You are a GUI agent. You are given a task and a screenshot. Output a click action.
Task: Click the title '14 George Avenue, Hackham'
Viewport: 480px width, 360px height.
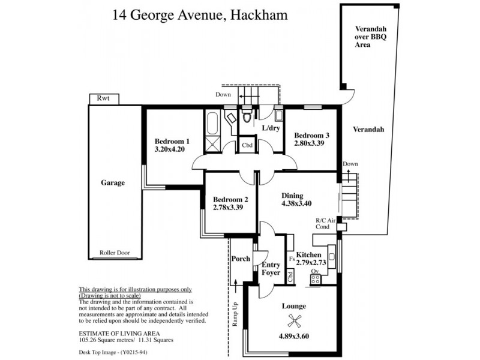200,14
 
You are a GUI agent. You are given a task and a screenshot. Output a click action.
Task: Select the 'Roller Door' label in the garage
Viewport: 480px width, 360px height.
115,253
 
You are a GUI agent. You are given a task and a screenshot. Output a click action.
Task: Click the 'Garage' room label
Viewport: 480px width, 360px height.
113,183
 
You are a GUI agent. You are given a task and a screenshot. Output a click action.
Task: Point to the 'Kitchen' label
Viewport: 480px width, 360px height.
308,255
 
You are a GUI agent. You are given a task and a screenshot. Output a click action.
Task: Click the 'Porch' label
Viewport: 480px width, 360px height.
240,259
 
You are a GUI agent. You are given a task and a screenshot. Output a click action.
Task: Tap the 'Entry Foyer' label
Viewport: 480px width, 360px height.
271,269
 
